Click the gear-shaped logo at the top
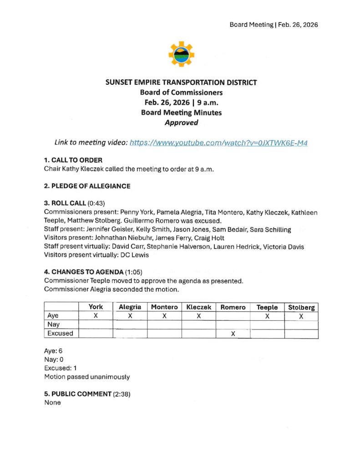coord(181,54)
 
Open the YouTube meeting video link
coord(218,142)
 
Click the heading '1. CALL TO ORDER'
coord(73,160)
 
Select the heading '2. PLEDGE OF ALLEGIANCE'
coord(87,186)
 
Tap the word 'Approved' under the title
coord(181,122)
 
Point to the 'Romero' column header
coord(233,307)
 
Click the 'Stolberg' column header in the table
coord(301,308)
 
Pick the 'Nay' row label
coord(54,324)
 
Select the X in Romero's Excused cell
coord(233,334)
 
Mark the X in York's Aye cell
coord(96,316)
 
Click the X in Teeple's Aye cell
coord(267,316)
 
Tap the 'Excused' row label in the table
coord(60,333)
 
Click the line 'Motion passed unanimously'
coord(86,377)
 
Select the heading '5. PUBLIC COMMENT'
coord(77,394)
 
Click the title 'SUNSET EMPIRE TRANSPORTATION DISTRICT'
coord(181,82)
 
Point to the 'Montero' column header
coord(164,307)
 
